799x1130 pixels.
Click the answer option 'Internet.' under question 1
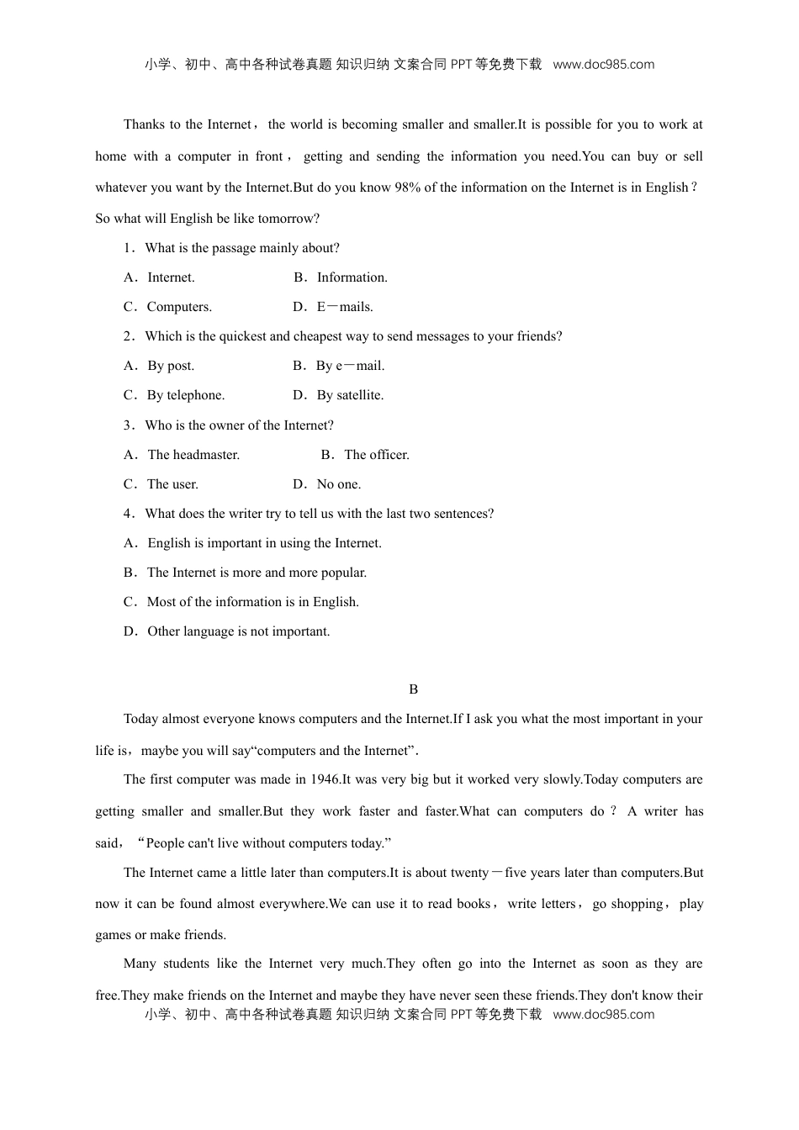click(x=171, y=277)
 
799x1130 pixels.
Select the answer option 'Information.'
click(x=352, y=277)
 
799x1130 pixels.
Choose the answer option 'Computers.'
click(x=179, y=307)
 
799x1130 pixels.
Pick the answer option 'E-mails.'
click(x=345, y=307)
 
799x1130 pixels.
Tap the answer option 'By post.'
click(x=171, y=366)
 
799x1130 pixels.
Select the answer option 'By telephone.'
click(x=186, y=395)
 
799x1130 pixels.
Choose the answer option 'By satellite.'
click(x=350, y=395)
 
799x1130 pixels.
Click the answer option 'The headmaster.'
click(x=193, y=455)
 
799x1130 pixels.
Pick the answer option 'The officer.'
click(x=377, y=455)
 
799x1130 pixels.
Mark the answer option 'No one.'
click(x=338, y=484)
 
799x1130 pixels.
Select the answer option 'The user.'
click(x=172, y=484)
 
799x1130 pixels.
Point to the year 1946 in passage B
click(x=325, y=779)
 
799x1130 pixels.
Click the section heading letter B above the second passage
click(x=413, y=689)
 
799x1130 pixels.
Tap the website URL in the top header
click(x=603, y=65)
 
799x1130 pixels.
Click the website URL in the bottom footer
click(x=603, y=1015)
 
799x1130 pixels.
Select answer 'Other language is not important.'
click(x=239, y=631)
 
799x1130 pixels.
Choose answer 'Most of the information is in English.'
click(x=252, y=602)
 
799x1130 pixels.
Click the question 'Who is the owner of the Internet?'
click(x=239, y=425)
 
